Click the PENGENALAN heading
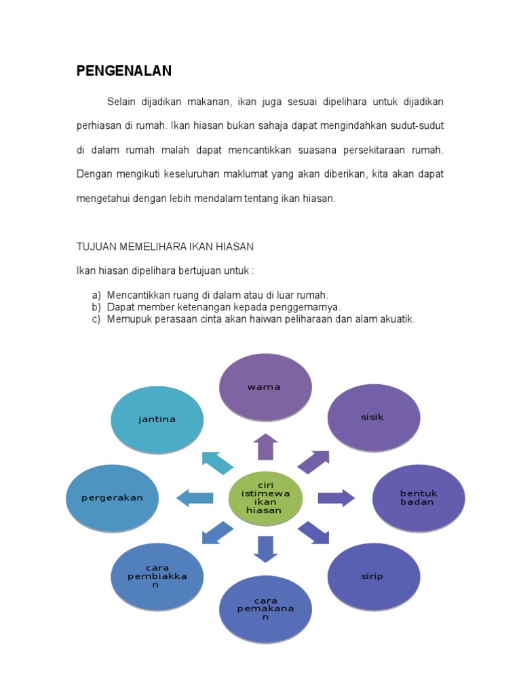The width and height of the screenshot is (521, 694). click(123, 70)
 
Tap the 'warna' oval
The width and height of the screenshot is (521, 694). click(265, 388)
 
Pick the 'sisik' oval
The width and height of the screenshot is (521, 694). click(373, 417)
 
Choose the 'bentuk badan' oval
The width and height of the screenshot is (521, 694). click(418, 498)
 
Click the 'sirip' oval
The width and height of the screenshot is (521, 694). click(373, 576)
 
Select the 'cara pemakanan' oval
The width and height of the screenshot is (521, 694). click(265, 609)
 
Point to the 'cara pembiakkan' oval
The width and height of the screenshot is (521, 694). click(157, 576)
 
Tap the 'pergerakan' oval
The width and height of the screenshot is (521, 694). click(112, 498)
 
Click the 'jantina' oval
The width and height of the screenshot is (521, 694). click(157, 419)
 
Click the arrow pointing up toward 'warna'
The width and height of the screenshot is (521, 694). click(265, 447)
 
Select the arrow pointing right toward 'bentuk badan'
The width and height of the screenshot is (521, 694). click(336, 498)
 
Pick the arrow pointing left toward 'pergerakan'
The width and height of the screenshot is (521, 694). click(195, 499)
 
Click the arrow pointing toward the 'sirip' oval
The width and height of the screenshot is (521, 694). click(313, 533)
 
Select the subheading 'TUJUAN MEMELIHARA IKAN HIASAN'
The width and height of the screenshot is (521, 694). click(165, 247)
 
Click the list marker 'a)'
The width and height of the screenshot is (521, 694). click(96, 295)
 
